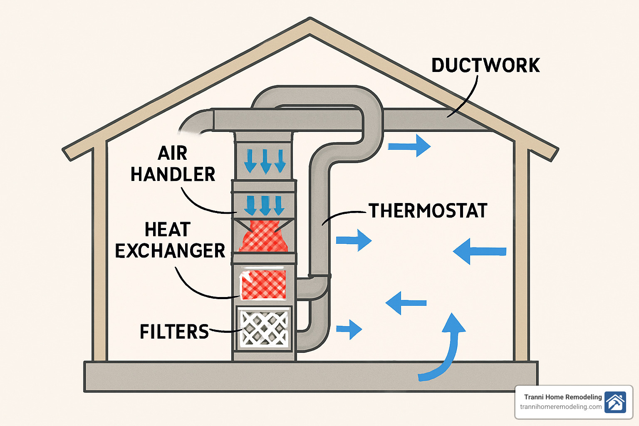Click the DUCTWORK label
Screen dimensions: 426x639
tap(485, 66)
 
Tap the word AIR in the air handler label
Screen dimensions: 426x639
tap(173, 153)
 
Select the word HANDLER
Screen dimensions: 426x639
tap(173, 174)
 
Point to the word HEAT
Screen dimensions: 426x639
tap(168, 230)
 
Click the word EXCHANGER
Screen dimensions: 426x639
tap(170, 251)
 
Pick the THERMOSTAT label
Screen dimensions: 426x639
tap(428, 211)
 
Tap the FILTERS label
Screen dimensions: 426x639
tap(174, 332)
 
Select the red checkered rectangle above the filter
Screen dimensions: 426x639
tap(264, 285)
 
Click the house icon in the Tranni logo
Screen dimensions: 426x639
tap(615, 402)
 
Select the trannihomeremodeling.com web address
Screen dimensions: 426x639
tap(561, 407)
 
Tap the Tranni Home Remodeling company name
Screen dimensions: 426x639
tap(563, 397)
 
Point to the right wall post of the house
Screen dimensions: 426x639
tap(522, 254)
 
